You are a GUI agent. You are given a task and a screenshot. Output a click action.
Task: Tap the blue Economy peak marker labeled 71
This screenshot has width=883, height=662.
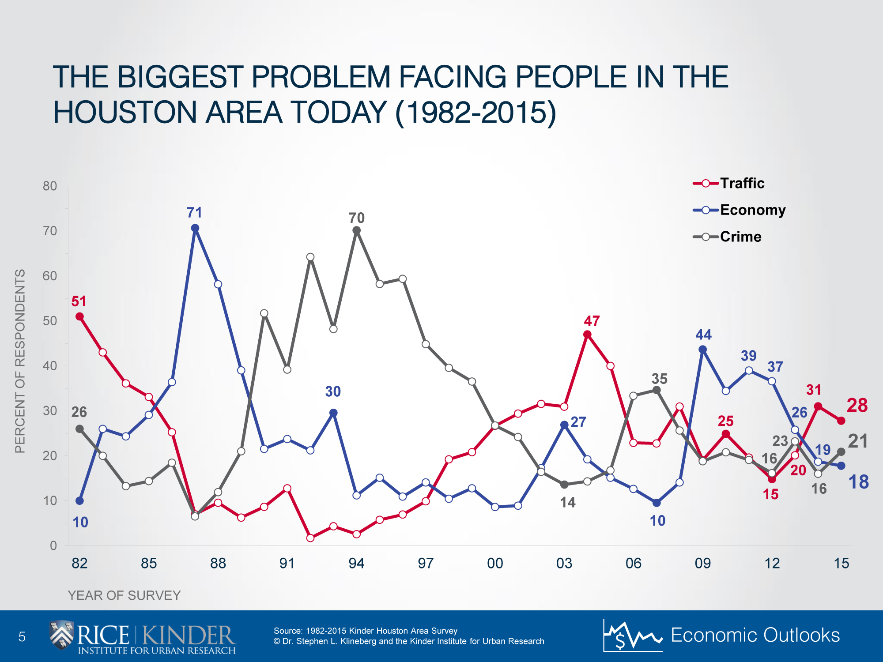pyautogui.click(x=195, y=228)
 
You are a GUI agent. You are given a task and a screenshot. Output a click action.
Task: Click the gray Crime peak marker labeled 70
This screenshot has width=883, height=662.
pyautogui.click(x=357, y=230)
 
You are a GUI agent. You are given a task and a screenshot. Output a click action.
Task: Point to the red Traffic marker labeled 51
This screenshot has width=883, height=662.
pyautogui.click(x=79, y=316)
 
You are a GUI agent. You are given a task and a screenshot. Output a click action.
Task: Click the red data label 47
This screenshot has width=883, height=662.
pyautogui.click(x=592, y=321)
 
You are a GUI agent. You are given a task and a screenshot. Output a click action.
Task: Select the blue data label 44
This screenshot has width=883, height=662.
pyautogui.click(x=703, y=335)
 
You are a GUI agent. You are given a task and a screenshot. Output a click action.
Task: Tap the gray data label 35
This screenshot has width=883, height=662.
pyautogui.click(x=659, y=379)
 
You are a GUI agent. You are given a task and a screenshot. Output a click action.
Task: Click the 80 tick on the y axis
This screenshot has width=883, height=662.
pyautogui.click(x=50, y=186)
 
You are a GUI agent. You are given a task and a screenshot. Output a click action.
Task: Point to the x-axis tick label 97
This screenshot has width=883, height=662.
pyautogui.click(x=426, y=563)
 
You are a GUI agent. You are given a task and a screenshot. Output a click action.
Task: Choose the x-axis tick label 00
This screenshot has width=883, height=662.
pyautogui.click(x=495, y=563)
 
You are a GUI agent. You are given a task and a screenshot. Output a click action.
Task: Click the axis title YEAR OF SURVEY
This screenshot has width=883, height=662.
pyautogui.click(x=124, y=595)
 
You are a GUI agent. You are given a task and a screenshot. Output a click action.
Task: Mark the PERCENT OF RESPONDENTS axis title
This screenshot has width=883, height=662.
pyautogui.click(x=20, y=361)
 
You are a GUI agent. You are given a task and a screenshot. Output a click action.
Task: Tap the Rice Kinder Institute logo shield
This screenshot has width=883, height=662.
pyautogui.click(x=61, y=635)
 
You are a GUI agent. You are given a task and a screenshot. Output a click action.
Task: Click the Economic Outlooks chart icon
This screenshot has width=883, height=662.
pyautogui.click(x=632, y=636)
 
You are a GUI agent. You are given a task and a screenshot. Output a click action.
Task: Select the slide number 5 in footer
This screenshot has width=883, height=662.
pyautogui.click(x=22, y=636)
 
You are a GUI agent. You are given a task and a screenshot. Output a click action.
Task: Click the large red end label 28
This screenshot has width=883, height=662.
pyautogui.click(x=857, y=405)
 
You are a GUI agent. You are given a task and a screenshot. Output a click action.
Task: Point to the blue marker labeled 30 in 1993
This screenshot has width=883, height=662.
pyautogui.click(x=334, y=413)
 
